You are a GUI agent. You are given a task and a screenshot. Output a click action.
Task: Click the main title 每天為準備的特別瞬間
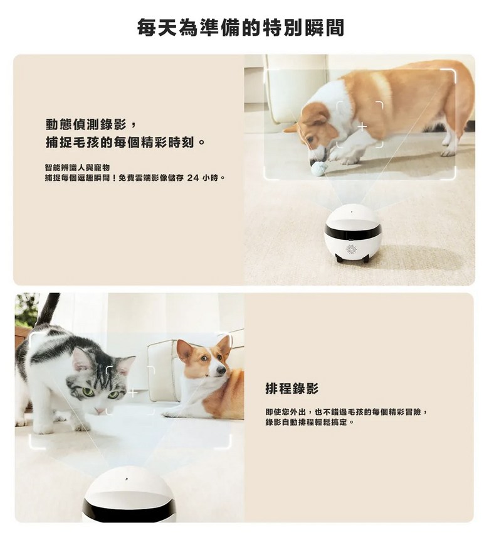point(241,28)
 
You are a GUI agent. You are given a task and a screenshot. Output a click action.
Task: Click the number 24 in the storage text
point(194,178)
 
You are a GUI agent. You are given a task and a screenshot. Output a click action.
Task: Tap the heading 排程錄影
point(292,389)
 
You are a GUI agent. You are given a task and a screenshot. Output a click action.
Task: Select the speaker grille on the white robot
point(351,249)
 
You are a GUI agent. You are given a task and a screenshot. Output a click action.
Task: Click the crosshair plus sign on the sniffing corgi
point(362,127)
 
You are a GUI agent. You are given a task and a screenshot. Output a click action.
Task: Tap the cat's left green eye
point(87,392)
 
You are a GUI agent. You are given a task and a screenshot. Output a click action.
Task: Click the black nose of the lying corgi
point(221,370)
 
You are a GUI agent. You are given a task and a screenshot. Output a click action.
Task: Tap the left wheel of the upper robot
point(339,258)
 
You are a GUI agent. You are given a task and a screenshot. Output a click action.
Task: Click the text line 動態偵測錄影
point(87,124)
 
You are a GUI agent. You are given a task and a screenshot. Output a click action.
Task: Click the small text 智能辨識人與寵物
point(77,168)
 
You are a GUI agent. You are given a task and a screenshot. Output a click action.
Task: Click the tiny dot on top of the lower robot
point(127,478)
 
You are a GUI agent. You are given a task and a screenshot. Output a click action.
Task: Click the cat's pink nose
point(99,411)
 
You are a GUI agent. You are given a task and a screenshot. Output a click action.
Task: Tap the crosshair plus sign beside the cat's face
point(134,392)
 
